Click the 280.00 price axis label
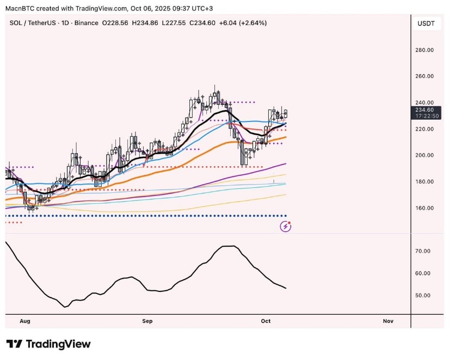[425, 50]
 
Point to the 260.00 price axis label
[425, 76]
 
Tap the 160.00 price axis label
[425, 208]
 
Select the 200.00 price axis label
[425, 155]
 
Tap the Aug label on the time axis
[24, 321]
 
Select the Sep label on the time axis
[147, 321]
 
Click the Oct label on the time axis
[266, 321]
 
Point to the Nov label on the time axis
[388, 321]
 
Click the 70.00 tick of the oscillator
[423, 251]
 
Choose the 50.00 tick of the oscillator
[423, 296]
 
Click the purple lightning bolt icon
[285, 227]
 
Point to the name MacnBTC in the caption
[20, 8]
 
